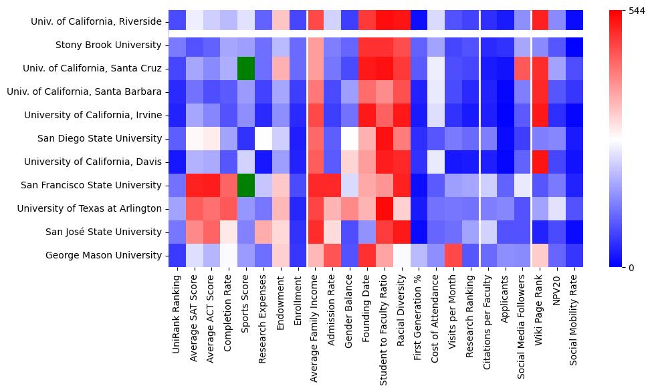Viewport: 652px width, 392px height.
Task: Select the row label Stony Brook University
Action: pyautogui.click(x=109, y=45)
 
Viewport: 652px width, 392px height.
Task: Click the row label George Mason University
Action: pyautogui.click(x=104, y=255)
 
